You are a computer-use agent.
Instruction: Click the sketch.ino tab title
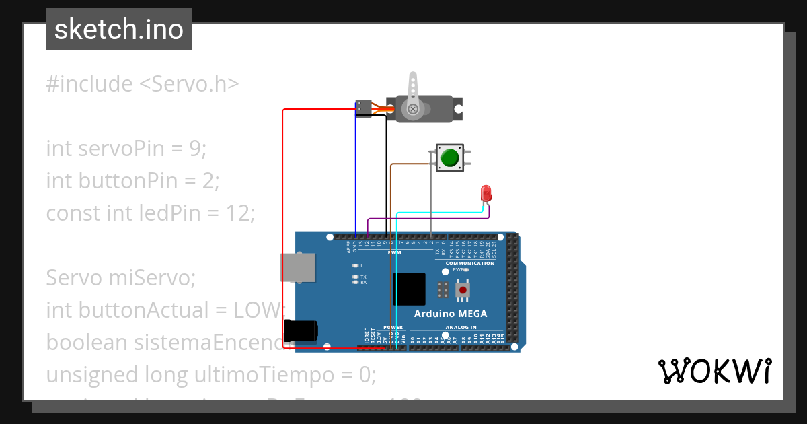(x=119, y=30)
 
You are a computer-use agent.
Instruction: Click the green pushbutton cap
(x=449, y=158)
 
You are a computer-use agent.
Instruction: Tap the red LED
(x=486, y=194)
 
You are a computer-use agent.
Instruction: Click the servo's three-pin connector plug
(x=363, y=108)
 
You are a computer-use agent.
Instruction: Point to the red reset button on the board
(x=463, y=289)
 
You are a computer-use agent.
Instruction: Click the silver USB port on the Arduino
(x=298, y=267)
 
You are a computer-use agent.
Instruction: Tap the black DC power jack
(x=301, y=330)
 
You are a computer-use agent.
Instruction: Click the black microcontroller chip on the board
(x=409, y=289)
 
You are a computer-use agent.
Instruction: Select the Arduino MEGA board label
(x=450, y=314)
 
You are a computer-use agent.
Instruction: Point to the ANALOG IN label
(x=460, y=328)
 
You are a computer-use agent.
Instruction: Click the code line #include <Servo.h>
(x=143, y=84)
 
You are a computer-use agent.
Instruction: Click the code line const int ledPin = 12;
(x=151, y=213)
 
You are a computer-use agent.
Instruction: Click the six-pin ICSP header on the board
(x=443, y=290)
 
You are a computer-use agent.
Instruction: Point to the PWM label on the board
(x=395, y=253)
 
